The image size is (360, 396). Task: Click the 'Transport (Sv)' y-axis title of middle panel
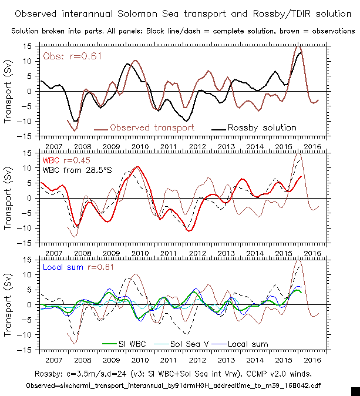tap(8, 197)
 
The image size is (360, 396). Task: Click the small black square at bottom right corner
tap(355, 391)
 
